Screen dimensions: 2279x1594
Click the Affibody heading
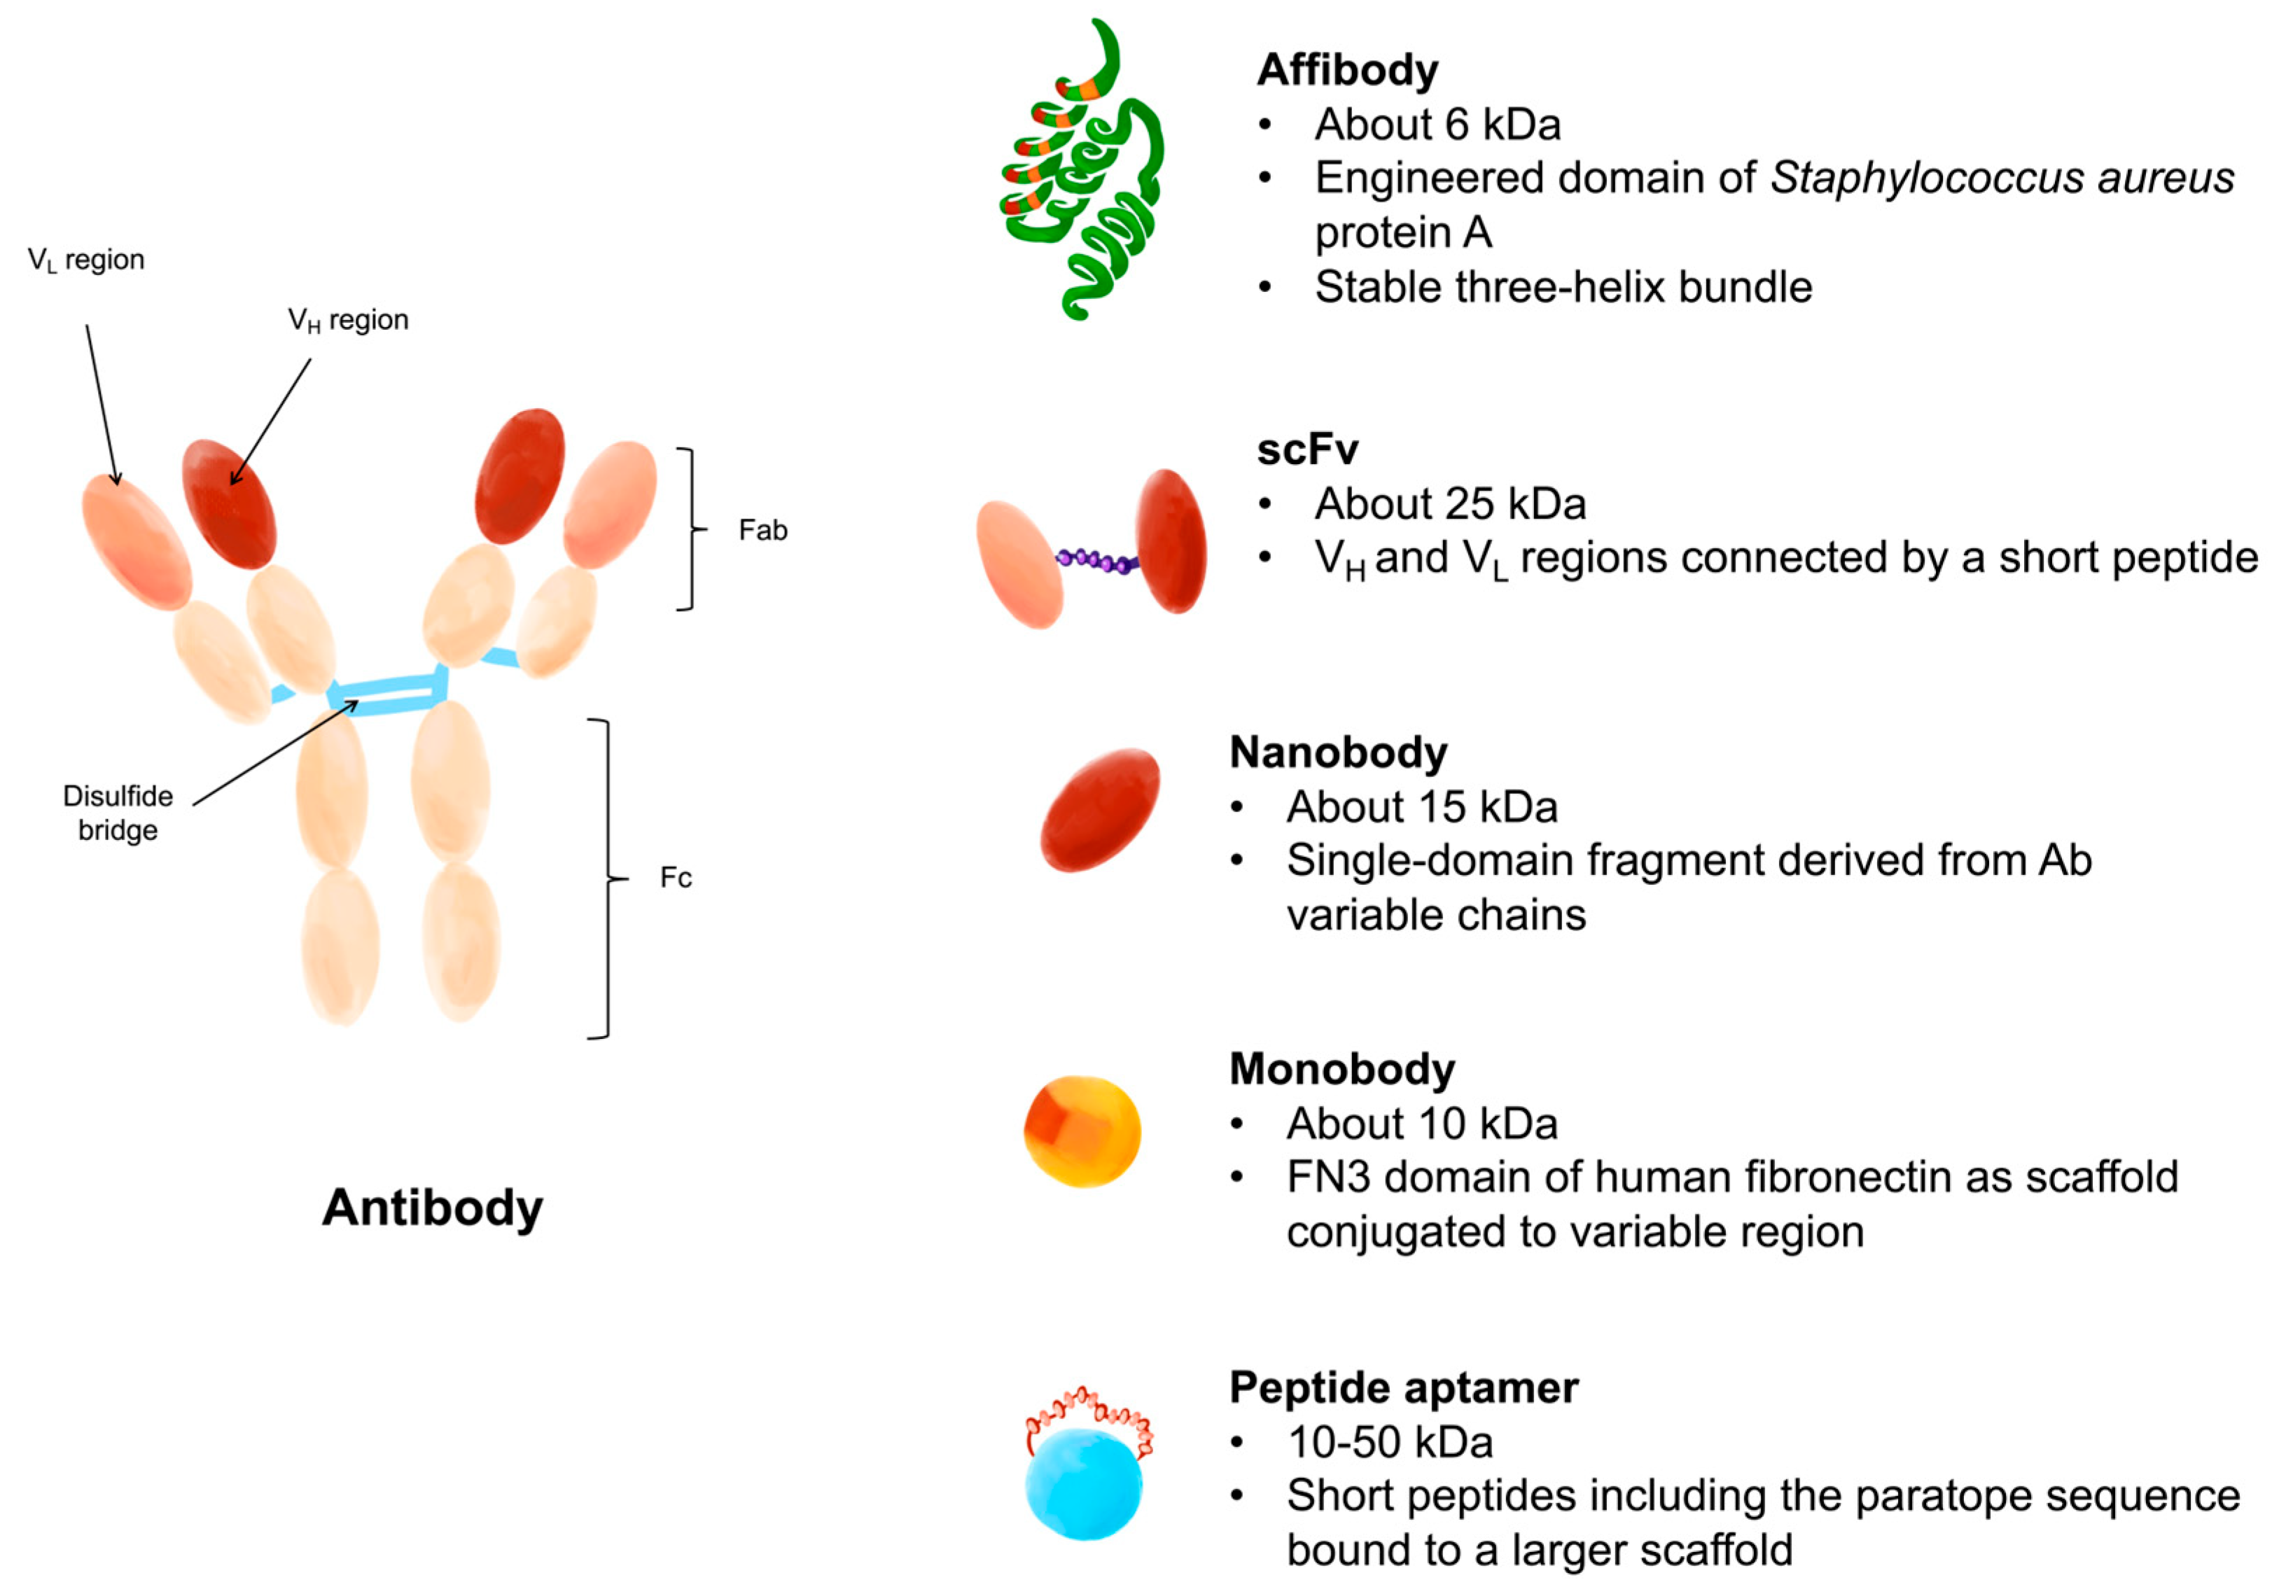click(x=1347, y=71)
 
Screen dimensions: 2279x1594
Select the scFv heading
click(x=1306, y=449)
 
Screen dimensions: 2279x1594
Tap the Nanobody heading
click(x=1338, y=753)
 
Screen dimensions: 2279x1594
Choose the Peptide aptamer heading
click(x=1404, y=1387)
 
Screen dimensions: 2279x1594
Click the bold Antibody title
click(x=433, y=1208)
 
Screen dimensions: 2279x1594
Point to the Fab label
click(x=762, y=530)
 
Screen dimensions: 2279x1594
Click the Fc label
click(x=675, y=877)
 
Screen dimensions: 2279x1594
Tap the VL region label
click(x=86, y=260)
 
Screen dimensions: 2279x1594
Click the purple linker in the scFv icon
click(x=1097, y=561)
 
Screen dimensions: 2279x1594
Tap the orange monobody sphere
click(x=1082, y=1131)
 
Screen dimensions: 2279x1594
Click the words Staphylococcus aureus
click(x=2002, y=179)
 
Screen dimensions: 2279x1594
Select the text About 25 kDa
click(x=1450, y=504)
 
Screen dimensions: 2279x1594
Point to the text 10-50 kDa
click(x=1390, y=1442)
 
